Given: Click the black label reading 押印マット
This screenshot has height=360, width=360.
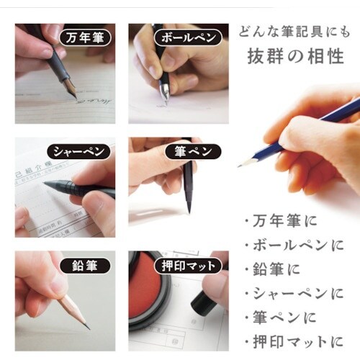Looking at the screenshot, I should click(186, 265).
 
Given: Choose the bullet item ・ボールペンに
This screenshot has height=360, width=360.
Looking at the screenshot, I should click(294, 245).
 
